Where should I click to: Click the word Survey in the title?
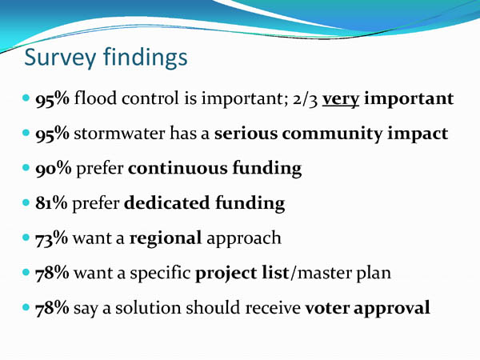click(60, 58)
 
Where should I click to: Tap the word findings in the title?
click(145, 57)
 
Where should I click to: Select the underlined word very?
click(341, 100)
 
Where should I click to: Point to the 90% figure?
click(54, 169)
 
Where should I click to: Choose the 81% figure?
click(51, 203)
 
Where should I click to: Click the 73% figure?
click(51, 238)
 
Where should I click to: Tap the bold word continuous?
click(178, 168)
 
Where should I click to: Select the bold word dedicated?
click(167, 202)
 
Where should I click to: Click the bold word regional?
click(166, 239)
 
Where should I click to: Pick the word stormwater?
click(119, 134)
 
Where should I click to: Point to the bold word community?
click(332, 134)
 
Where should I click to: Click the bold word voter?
click(327, 308)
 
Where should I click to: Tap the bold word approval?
click(392, 309)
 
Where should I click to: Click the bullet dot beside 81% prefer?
click(26, 202)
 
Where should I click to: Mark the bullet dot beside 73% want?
click(26, 238)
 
